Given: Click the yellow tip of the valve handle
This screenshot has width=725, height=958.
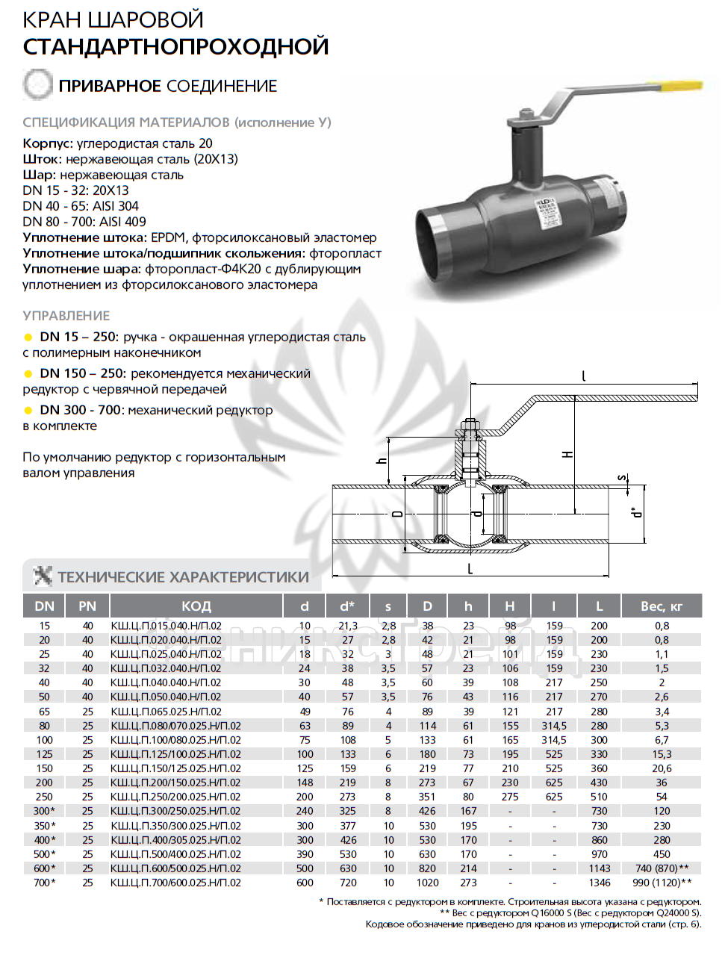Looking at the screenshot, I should pos(681,87).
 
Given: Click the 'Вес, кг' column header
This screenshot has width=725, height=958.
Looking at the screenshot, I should pos(661,606).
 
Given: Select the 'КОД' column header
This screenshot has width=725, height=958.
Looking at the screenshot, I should pos(196,606).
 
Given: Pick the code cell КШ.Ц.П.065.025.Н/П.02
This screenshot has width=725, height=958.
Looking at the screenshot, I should pos(166,712).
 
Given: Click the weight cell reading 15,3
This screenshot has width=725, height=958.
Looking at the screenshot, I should pos(662,754).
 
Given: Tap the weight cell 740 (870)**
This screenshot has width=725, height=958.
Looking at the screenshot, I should pos(662,868).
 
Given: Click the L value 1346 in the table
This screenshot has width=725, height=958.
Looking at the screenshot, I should pos(600,883).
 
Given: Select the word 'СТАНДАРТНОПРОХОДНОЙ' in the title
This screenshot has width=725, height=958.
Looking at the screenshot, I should pos(175,46).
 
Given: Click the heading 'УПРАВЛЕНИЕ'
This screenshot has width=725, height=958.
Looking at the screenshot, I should pos(66,316).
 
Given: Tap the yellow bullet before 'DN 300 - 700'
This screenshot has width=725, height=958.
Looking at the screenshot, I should pos(28,411).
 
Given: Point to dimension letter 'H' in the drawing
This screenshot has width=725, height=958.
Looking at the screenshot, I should pos(568,454).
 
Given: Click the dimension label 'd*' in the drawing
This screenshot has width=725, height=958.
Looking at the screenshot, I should pos(635,512).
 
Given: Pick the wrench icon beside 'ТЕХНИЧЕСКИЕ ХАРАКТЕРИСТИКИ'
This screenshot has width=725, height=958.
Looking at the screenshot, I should pos(43,576).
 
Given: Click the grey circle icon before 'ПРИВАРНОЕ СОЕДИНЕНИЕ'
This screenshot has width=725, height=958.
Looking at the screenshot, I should pos(37,85).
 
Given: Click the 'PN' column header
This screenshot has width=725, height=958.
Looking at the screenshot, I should pos(87,606).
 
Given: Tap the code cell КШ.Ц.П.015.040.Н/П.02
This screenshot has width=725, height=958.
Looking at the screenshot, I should pos(166,626).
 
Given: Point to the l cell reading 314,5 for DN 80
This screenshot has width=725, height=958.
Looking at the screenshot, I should pos(554,726).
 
